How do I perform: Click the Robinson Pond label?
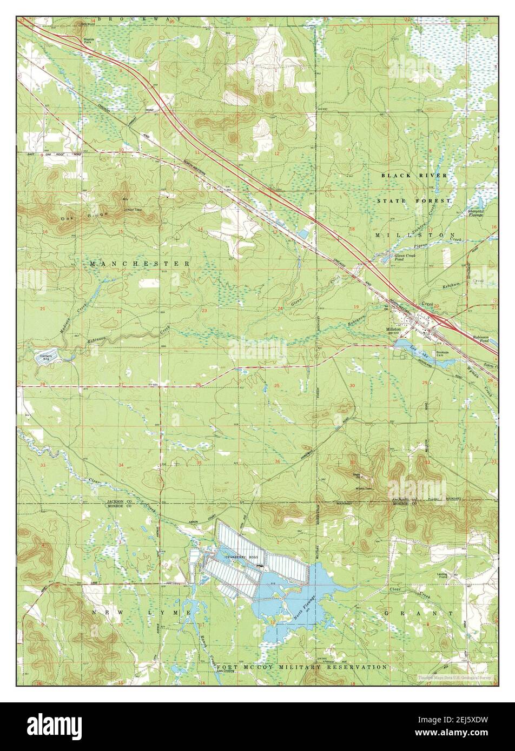coord(480,339)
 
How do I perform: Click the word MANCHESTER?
coord(140,264)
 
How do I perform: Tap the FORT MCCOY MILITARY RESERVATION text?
coord(302,667)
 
